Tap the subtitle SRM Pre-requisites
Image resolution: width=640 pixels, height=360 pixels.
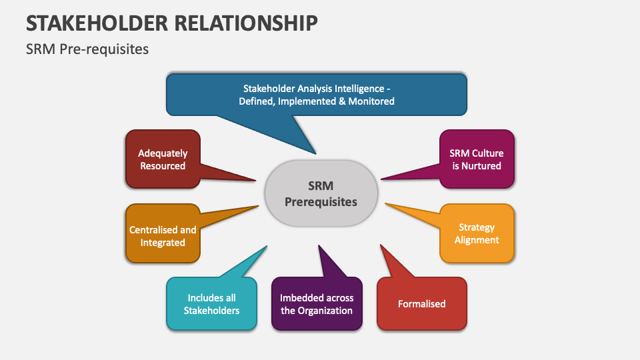coord(87,49)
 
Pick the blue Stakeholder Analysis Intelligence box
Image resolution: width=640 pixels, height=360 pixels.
coord(317,95)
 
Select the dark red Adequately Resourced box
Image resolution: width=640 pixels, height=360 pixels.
coord(162,159)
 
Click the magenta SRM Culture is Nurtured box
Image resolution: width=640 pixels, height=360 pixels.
coord(477,159)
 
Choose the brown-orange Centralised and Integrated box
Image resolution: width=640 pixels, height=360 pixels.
coord(162,236)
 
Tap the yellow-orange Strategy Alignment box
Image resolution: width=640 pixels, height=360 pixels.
coord(477,233)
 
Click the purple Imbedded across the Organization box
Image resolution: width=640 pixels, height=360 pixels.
coord(317,304)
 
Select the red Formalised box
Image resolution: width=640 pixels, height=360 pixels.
coord(421,304)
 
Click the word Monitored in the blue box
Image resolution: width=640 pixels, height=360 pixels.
coord(371,101)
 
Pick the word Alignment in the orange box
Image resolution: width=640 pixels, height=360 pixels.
coord(477,240)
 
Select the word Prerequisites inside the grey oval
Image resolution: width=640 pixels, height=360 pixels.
coord(321,201)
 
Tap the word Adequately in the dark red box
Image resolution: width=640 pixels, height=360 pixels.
coord(163,153)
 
